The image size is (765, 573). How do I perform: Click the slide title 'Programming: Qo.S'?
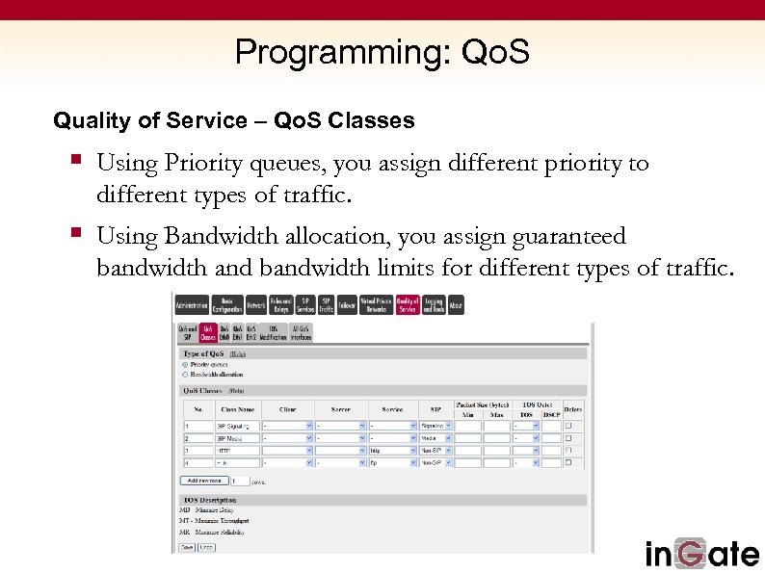382,52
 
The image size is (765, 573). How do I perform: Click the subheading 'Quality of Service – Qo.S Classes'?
234,121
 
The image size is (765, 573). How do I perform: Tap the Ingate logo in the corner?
701,554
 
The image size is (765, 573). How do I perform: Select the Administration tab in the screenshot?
191,304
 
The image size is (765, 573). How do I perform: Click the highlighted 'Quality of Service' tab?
407,304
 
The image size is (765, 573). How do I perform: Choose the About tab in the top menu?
456,304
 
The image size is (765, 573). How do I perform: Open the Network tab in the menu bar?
255,304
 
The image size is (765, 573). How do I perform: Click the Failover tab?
347,304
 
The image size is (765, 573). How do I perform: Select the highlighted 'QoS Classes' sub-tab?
207,333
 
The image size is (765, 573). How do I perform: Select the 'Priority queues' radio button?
185,365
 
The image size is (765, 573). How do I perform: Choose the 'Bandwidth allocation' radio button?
185,375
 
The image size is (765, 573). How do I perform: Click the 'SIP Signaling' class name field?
236,425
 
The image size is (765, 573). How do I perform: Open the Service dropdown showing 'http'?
392,450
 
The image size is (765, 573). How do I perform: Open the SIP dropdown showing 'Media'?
435,437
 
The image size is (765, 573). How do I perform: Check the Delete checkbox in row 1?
568,425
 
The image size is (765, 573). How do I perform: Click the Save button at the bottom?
187,547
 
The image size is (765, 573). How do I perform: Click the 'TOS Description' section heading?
210,500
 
